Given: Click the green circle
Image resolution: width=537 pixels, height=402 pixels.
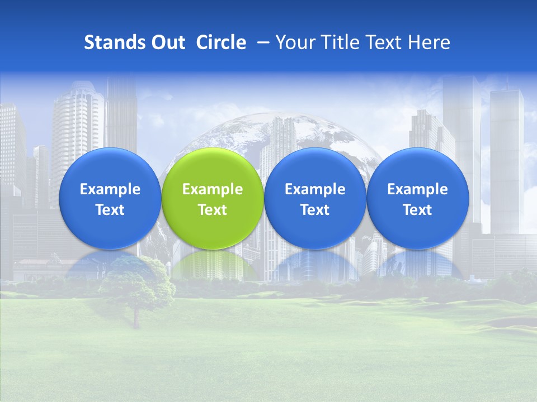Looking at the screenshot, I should click(x=213, y=167).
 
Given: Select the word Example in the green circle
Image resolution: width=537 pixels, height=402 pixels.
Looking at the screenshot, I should click(x=213, y=189).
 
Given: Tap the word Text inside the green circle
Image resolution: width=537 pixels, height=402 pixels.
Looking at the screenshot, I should click(x=213, y=210).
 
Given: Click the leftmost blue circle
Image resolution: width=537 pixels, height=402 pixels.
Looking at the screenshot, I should click(x=110, y=167).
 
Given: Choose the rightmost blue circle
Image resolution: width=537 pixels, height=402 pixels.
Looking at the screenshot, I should click(x=418, y=167).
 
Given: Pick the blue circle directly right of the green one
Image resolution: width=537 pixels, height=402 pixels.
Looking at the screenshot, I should click(x=315, y=167).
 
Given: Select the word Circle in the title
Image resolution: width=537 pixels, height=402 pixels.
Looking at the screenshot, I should click(x=221, y=42).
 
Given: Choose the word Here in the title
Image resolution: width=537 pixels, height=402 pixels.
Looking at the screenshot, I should click(x=429, y=42).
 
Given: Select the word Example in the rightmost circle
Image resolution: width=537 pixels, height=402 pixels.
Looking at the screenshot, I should click(x=418, y=189).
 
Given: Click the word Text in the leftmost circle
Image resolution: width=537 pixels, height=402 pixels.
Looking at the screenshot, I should click(x=110, y=210).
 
